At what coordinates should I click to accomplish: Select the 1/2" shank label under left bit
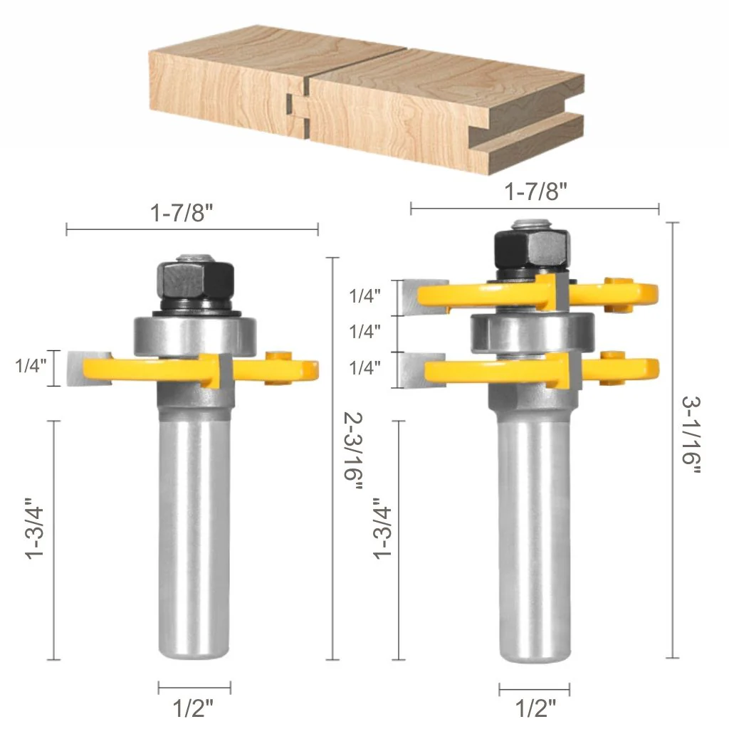(193, 708)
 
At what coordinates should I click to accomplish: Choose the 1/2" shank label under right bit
(535, 708)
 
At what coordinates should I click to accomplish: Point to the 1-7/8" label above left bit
(182, 213)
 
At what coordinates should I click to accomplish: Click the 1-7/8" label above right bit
(536, 191)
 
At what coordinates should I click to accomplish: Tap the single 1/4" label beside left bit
(31, 366)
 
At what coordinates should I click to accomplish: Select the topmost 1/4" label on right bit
(365, 296)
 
